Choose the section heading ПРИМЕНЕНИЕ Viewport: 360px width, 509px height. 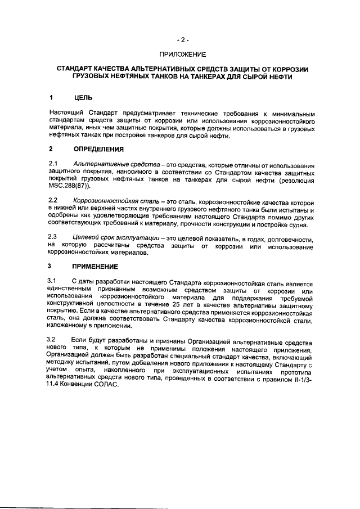(96, 266)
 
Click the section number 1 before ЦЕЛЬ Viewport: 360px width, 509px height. (51, 97)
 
